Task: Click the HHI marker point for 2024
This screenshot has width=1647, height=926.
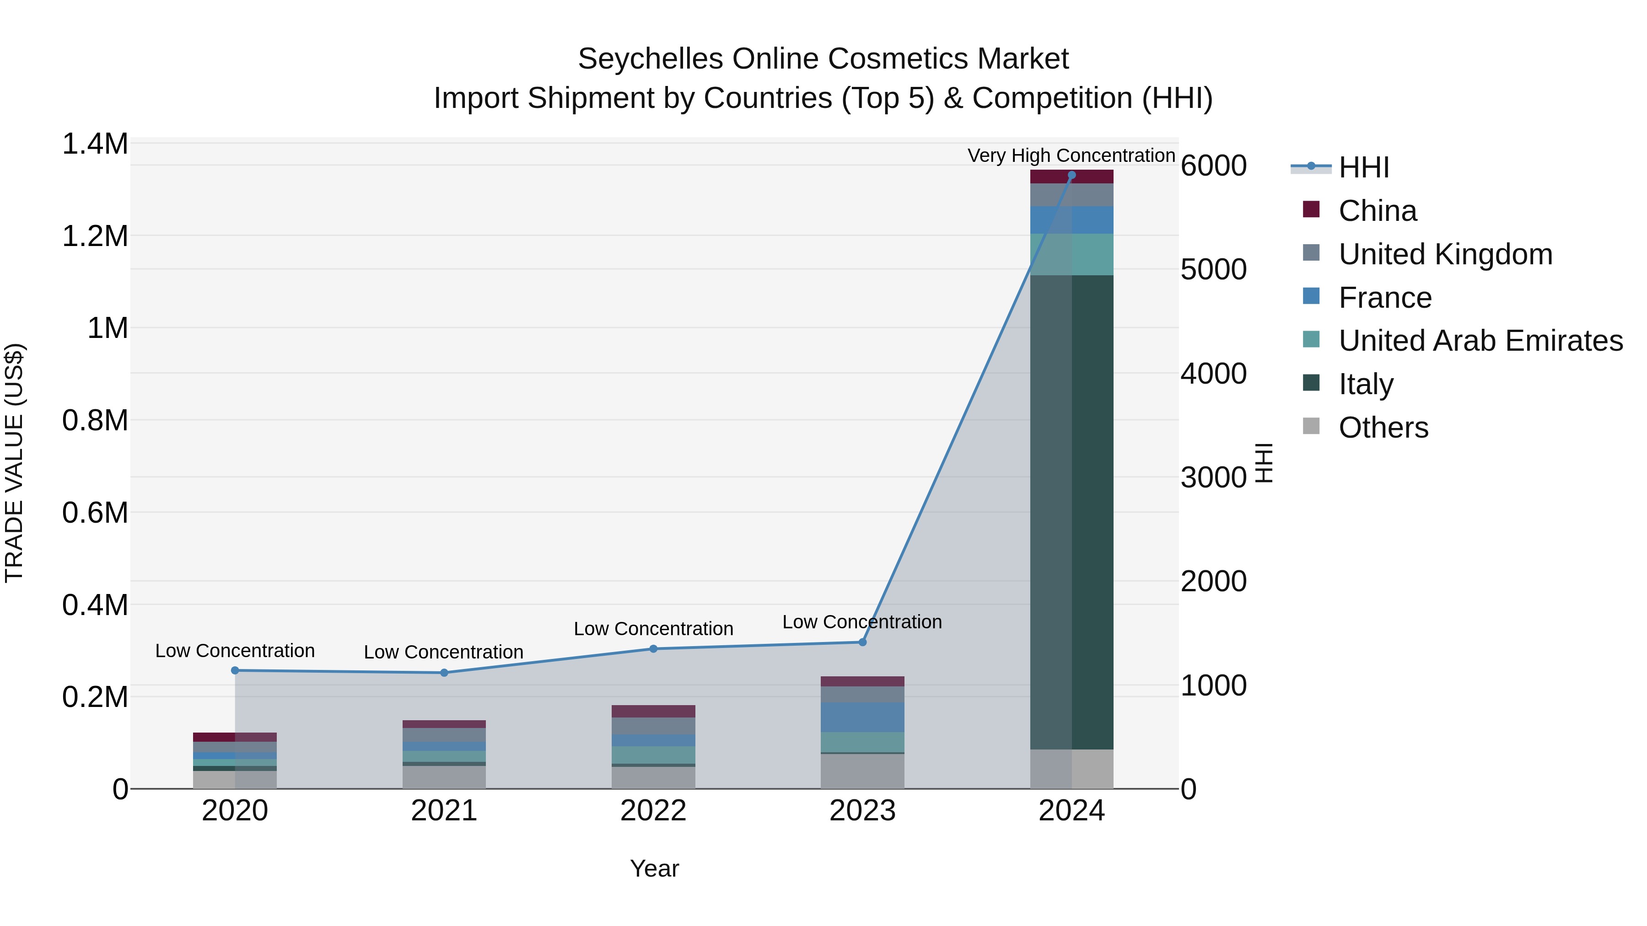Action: (1071, 175)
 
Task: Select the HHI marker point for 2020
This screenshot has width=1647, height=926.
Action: (235, 670)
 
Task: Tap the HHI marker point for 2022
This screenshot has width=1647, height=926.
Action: (653, 648)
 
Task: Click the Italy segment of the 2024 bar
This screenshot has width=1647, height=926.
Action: (1071, 511)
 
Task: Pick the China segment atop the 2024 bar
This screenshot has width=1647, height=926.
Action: (1071, 177)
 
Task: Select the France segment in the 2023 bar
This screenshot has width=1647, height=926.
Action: (862, 717)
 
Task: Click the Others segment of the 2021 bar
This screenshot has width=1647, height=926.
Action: (444, 777)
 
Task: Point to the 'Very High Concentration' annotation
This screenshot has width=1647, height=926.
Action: (1071, 155)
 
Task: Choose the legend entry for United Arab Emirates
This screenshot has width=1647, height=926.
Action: (1480, 341)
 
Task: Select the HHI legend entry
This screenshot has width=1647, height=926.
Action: (1363, 167)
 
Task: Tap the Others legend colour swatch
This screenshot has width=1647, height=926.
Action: (1311, 426)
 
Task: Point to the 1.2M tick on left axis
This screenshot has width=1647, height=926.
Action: (95, 236)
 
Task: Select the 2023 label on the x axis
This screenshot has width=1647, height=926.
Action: (862, 811)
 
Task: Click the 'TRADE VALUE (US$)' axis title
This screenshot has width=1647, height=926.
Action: (14, 463)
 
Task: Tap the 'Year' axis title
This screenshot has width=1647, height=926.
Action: (654, 868)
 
